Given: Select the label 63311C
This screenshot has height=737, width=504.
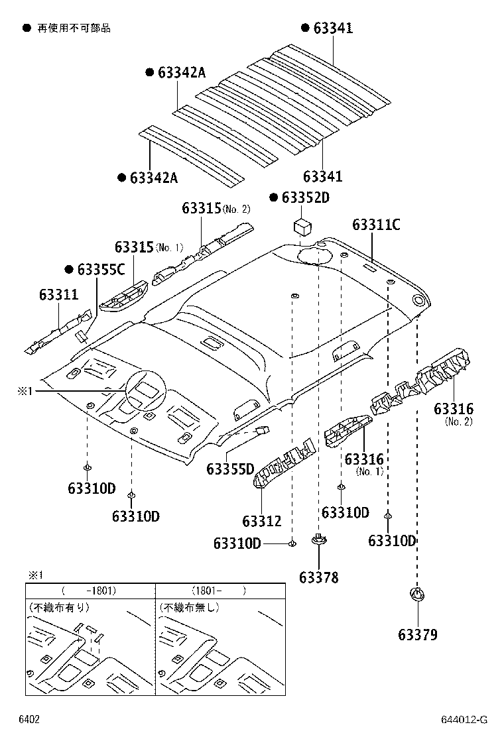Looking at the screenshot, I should point(376,225).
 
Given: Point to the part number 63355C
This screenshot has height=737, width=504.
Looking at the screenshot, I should point(100,269).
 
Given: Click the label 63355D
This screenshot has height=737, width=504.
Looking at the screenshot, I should point(230,470).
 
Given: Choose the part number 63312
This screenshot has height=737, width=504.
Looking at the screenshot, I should point(261,522).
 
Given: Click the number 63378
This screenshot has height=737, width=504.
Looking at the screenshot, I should point(318,577).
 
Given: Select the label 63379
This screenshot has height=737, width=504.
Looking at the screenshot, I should point(418,635).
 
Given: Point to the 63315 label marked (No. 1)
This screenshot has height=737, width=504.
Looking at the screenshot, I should point(135,247).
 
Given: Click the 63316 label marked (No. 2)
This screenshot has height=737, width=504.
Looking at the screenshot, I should point(454,409).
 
